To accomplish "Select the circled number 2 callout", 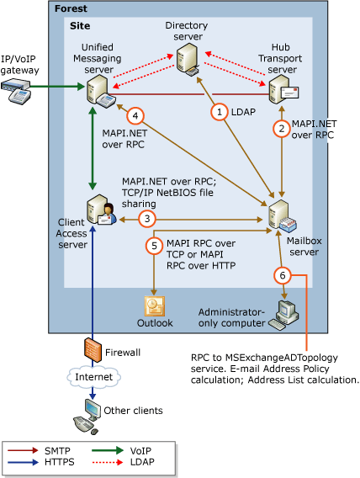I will [281, 128].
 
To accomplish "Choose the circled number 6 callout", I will [282, 274].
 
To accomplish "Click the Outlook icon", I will [155, 305].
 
